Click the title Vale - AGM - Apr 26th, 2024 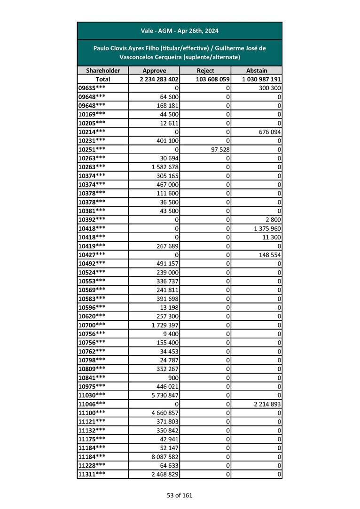tap(180, 31)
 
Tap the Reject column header tap(205, 70)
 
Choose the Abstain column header tap(257, 70)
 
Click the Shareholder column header tap(103, 70)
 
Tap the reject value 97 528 tap(219, 149)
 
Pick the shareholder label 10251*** tap(92, 149)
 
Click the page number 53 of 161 tap(180, 495)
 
